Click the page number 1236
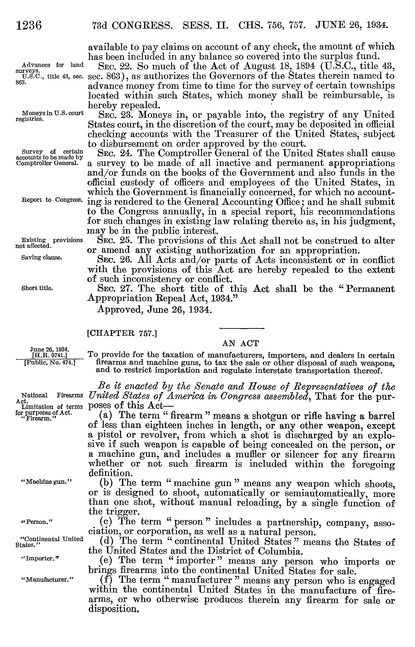[29, 26]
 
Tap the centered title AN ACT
[240, 343]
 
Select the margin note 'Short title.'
[37, 288]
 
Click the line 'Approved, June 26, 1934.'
[153, 310]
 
